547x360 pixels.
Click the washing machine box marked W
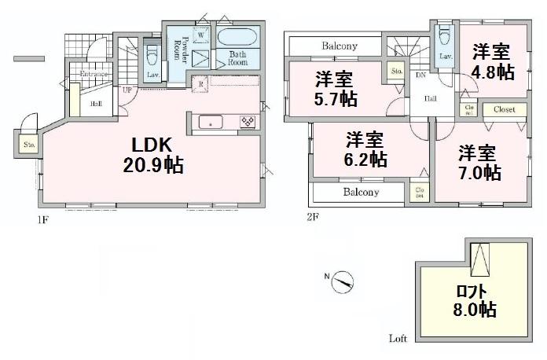pos(201,35)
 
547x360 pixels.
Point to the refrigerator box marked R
pos(202,84)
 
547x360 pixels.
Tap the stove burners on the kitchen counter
pos(247,122)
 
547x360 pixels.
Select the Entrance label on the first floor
pos(93,74)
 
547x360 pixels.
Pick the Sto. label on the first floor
pos(29,145)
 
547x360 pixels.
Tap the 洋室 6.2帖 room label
pos(366,149)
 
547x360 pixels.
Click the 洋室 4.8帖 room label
pos(491,61)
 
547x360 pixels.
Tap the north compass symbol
pos(343,280)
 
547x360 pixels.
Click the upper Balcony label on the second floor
pos(340,46)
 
